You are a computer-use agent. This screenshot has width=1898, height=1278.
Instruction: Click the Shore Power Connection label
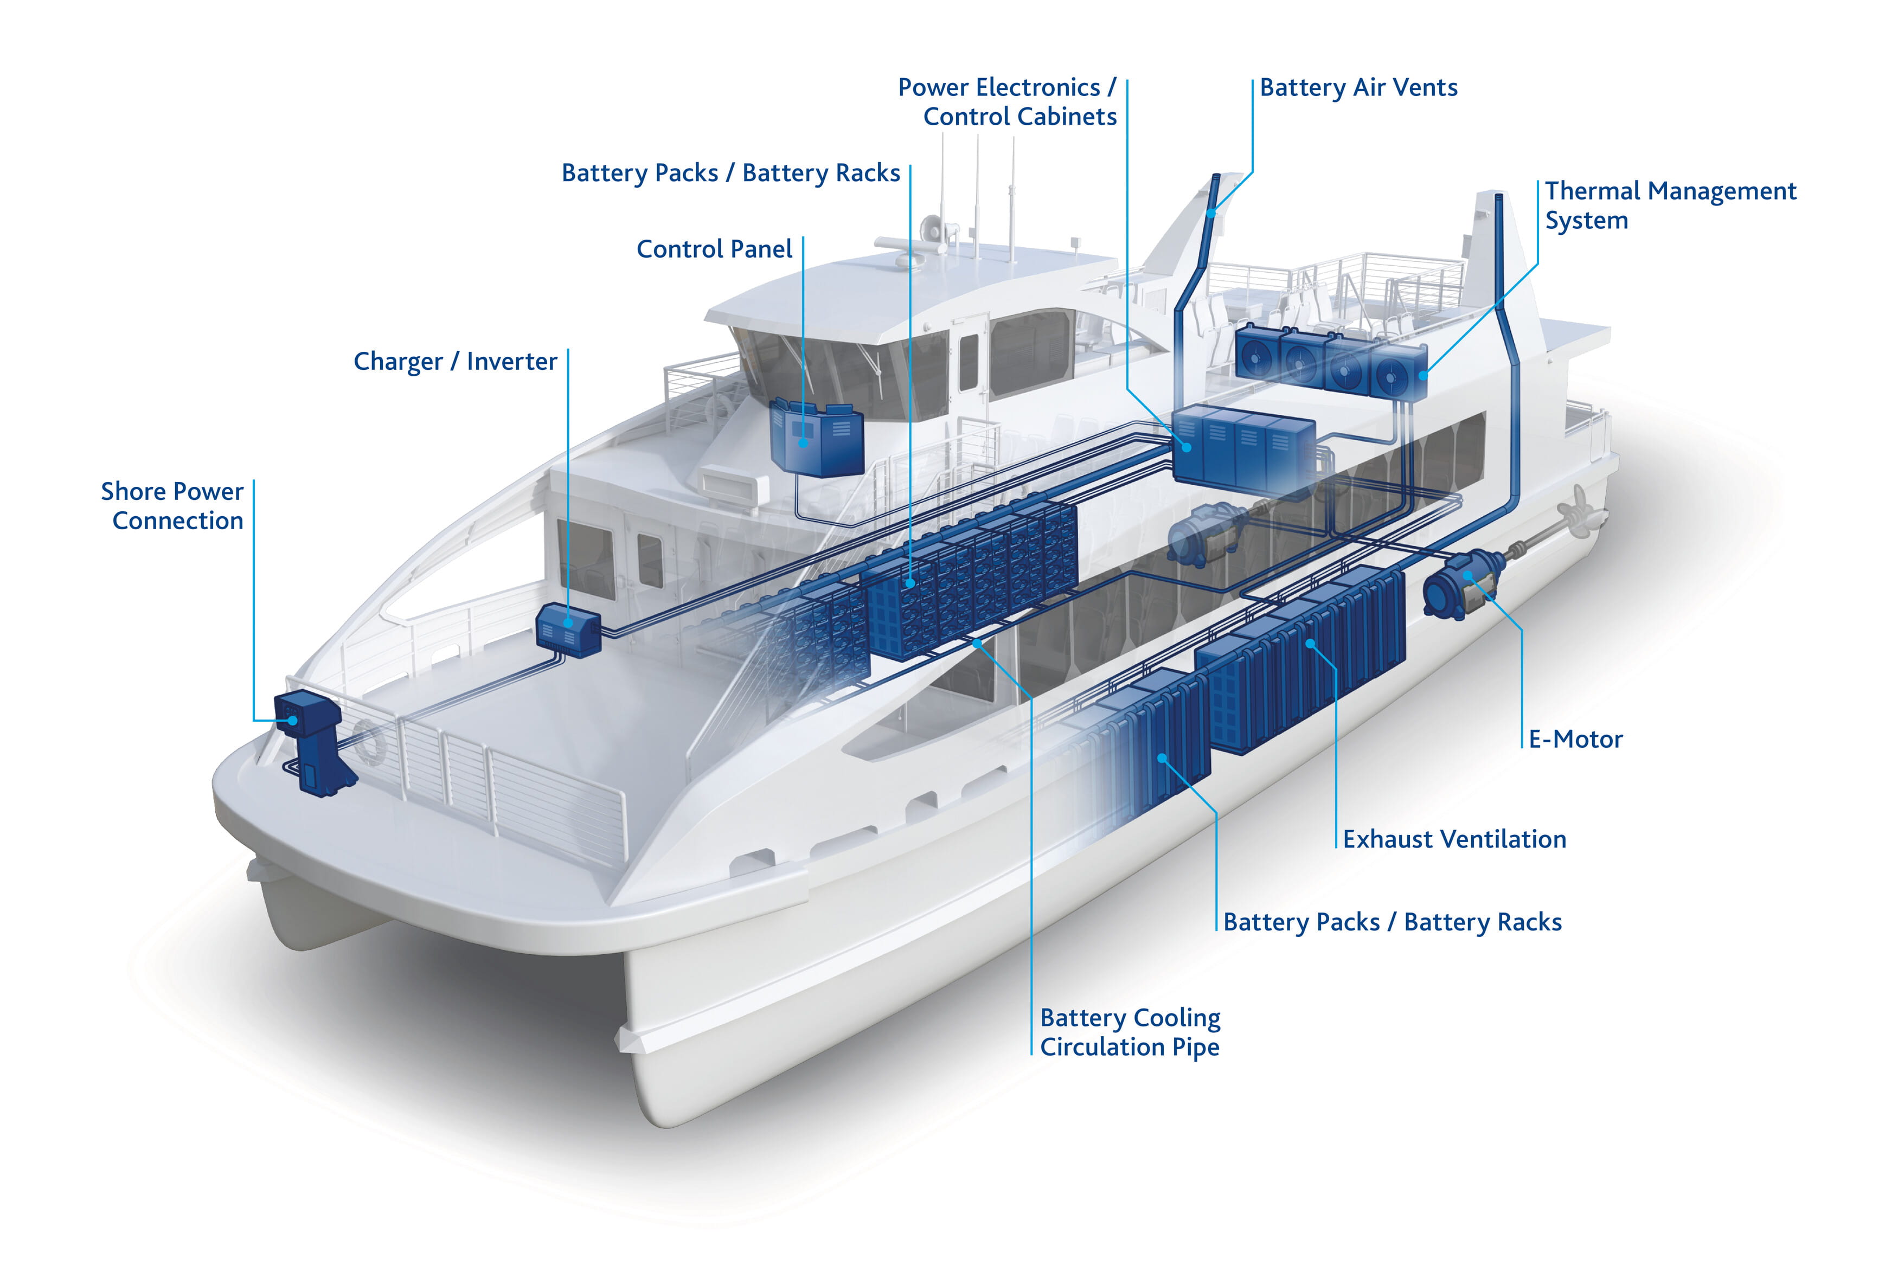172,506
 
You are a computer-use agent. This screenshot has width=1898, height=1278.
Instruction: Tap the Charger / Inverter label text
455,362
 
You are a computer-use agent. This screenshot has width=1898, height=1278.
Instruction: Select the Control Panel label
714,248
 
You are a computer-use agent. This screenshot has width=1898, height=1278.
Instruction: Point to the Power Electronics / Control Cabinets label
1007,102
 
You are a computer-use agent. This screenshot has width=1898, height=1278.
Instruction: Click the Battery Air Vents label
1358,88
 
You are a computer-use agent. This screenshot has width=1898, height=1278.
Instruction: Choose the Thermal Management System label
1671,205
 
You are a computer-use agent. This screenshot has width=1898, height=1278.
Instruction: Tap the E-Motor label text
1575,739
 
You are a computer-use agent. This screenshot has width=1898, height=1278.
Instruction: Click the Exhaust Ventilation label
1454,839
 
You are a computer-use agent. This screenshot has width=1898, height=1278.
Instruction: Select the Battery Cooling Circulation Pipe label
1130,1032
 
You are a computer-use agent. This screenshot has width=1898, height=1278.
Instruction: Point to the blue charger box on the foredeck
568,629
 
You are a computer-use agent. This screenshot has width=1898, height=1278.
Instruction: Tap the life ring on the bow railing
368,742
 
